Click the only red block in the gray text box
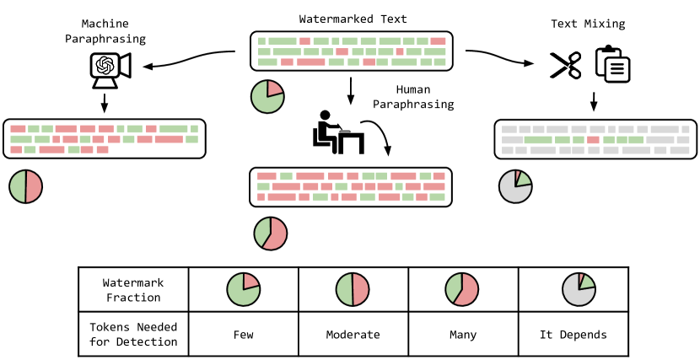pyautogui.click(x=593, y=140)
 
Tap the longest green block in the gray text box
pyautogui.click(x=538, y=140)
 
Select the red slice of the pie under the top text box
pyautogui.click(x=273, y=89)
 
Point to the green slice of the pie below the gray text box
pyautogui.click(x=523, y=179)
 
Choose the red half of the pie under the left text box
pyautogui.click(x=33, y=186)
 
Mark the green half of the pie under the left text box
pyautogui.click(x=18, y=186)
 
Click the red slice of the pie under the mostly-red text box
pyautogui.click(x=276, y=234)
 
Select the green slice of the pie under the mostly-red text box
pyautogui.click(x=262, y=230)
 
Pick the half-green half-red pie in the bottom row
pyautogui.click(x=353, y=289)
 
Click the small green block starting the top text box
pyautogui.click(x=261, y=41)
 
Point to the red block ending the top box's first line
pyautogui.click(x=438, y=41)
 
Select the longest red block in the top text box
pyautogui.click(x=310, y=62)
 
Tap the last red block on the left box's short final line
pyautogui.click(x=102, y=149)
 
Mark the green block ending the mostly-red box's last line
pyautogui.click(x=437, y=197)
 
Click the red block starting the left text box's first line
pyautogui.click(x=18, y=129)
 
